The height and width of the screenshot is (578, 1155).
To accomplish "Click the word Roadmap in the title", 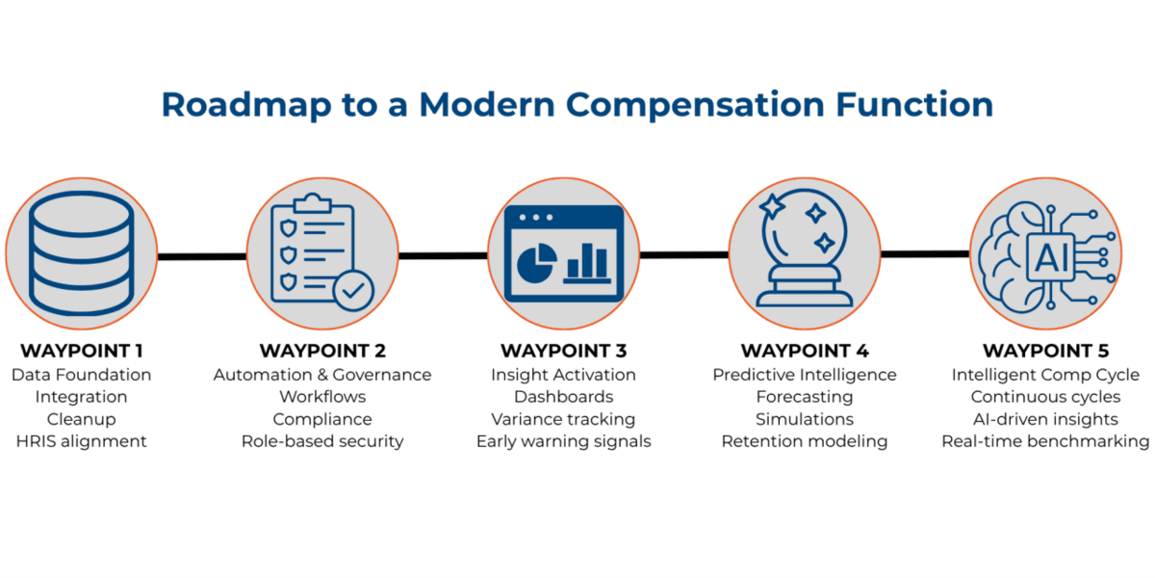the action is (246, 105).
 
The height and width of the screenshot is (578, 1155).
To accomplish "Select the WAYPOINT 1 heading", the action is (82, 351).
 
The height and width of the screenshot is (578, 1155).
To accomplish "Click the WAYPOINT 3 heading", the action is (564, 351).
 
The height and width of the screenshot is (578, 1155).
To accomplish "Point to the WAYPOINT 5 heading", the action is (1045, 351).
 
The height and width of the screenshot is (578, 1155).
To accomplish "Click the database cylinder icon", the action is (82, 252).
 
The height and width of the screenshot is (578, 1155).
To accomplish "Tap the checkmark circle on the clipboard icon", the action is (353, 291).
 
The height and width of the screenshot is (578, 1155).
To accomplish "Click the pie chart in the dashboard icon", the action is (537, 263).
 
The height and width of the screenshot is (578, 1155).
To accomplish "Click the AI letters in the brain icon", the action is (1051, 257).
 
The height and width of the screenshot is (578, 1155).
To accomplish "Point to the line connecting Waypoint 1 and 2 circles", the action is (202, 256).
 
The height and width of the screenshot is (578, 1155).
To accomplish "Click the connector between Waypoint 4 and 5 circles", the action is (925, 254).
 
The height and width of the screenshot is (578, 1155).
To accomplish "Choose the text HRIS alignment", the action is (82, 442).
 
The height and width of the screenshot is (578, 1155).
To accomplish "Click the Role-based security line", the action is (322, 442).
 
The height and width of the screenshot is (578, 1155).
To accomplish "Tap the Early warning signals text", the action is (564, 442).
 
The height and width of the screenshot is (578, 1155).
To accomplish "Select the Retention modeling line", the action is (805, 442).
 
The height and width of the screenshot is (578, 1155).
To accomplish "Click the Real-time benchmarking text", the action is (1045, 442).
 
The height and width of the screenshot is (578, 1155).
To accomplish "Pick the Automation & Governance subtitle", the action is (322, 375).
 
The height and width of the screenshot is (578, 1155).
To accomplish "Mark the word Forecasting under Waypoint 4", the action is (805, 397).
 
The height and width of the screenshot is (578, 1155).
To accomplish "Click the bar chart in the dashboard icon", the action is (587, 263).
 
